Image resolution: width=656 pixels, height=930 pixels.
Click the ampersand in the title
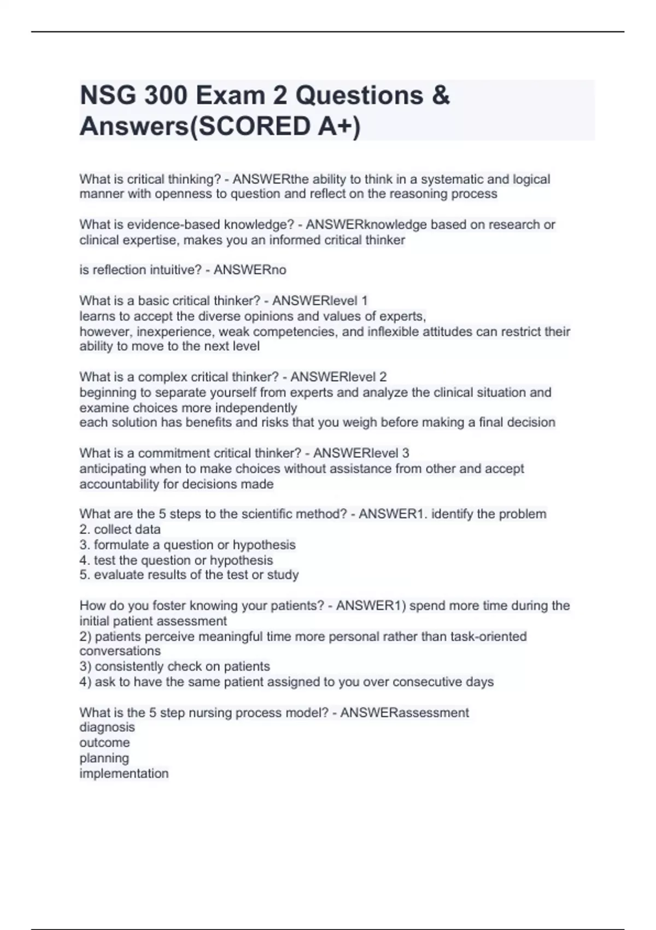coord(441,96)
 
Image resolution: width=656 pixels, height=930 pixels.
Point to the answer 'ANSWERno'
coord(250,270)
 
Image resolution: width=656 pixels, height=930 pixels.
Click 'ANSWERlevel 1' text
coord(320,301)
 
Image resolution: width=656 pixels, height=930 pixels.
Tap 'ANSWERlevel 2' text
coord(338,377)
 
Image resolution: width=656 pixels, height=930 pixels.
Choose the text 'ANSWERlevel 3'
coord(361,453)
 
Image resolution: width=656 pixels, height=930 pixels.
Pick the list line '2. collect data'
coord(120,530)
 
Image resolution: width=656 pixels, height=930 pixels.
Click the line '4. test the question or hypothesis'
coord(176,560)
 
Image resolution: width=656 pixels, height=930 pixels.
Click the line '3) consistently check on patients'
coord(175,667)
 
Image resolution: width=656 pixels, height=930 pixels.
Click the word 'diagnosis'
coord(107,728)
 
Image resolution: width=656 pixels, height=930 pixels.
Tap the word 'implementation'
coord(124,774)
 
